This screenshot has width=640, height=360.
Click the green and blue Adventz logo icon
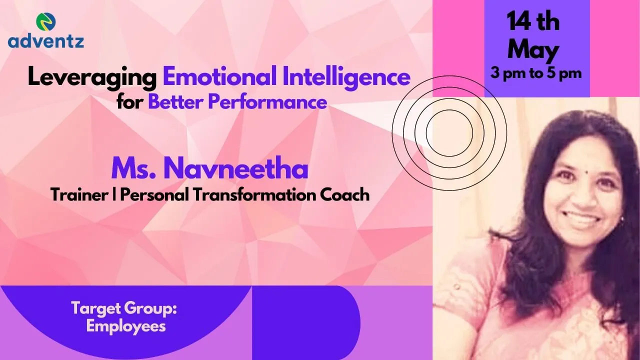coord(45,21)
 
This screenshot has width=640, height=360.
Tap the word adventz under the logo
coord(45,41)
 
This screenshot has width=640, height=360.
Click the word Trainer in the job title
coord(79,195)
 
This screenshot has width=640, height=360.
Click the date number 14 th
coord(533,22)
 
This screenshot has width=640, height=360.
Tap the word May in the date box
coord(533,50)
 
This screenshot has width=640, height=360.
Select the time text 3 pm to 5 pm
coord(536,73)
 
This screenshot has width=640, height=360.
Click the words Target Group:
coord(124,309)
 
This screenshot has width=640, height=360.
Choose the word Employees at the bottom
coord(126,326)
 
